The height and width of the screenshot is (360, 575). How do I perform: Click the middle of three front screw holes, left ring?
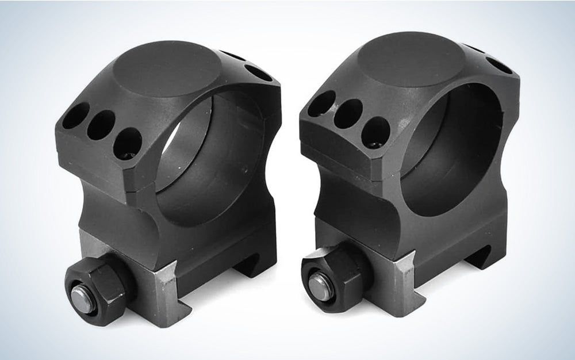click(101, 124)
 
